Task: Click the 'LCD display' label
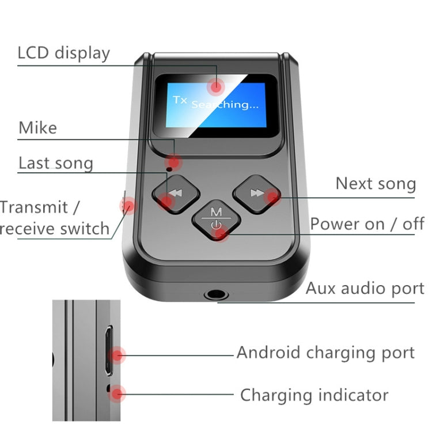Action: (63, 53)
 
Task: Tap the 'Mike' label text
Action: (38, 127)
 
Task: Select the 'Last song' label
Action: (56, 163)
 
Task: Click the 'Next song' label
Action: (376, 184)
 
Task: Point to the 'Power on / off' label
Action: (367, 223)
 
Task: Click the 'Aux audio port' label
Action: (365, 288)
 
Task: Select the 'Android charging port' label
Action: (325, 353)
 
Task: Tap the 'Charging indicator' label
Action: (314, 395)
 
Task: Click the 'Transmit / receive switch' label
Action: (55, 218)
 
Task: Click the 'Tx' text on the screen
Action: (180, 100)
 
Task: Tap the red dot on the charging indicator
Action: (118, 395)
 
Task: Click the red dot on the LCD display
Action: (217, 87)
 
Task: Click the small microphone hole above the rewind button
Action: (168, 169)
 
